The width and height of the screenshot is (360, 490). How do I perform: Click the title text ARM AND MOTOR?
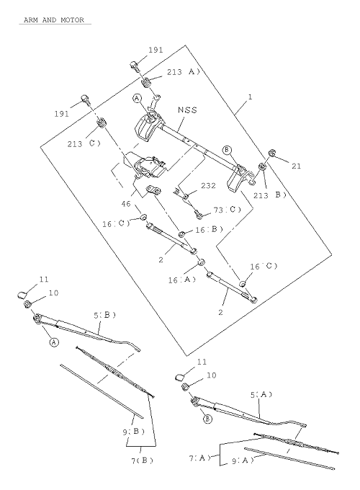tap(54, 20)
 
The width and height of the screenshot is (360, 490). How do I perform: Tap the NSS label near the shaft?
tap(188, 110)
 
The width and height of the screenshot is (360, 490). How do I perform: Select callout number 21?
tap(297, 166)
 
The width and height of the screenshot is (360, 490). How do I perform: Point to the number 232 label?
tap(208, 186)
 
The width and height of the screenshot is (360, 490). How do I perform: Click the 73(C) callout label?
tap(228, 210)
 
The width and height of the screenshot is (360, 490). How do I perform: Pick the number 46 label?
tap(126, 204)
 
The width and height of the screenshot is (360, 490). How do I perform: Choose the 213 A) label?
tap(184, 72)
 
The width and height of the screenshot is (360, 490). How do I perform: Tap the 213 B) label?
tap(270, 195)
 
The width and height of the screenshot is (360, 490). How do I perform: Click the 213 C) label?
tap(84, 143)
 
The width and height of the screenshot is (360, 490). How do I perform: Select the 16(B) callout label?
tap(210, 230)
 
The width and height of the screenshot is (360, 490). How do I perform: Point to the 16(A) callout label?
tap(182, 280)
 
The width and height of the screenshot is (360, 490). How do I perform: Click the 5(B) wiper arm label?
tap(105, 316)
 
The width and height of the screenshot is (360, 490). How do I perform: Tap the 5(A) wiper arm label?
tap(261, 395)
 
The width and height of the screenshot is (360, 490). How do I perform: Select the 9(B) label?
tap(134, 432)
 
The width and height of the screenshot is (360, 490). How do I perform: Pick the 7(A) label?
tap(200, 458)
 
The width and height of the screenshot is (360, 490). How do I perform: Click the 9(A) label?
tap(243, 460)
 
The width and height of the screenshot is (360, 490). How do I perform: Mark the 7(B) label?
tap(143, 460)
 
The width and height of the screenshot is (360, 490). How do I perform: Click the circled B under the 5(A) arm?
tap(207, 419)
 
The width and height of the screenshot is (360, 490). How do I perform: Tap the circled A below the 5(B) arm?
tap(54, 342)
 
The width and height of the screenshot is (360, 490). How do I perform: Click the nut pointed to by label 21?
tap(271, 153)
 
